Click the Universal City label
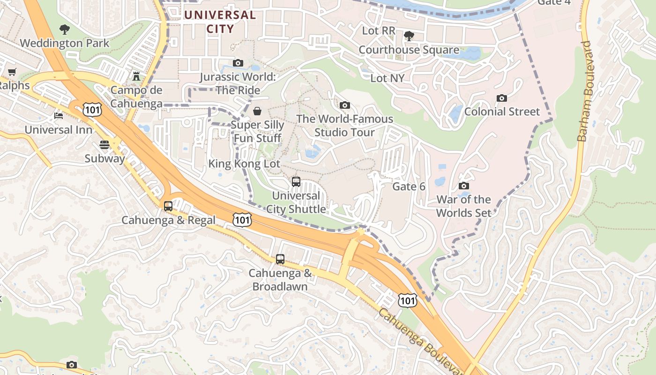click(220, 22)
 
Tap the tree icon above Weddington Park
click(65, 30)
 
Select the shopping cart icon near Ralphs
click(12, 72)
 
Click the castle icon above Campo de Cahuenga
click(136, 76)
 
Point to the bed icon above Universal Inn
click(58, 115)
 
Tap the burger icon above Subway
click(104, 145)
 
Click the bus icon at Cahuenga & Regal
click(168, 206)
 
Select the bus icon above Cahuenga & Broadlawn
click(280, 259)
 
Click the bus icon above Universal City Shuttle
click(296, 181)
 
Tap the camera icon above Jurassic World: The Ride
click(238, 63)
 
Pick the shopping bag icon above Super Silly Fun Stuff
click(257, 111)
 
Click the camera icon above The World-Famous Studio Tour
click(344, 105)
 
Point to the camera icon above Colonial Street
click(501, 98)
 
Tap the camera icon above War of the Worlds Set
click(463, 186)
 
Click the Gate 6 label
click(409, 187)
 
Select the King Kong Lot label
click(244, 164)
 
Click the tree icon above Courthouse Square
click(409, 36)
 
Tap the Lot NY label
click(387, 78)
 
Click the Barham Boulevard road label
click(585, 91)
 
